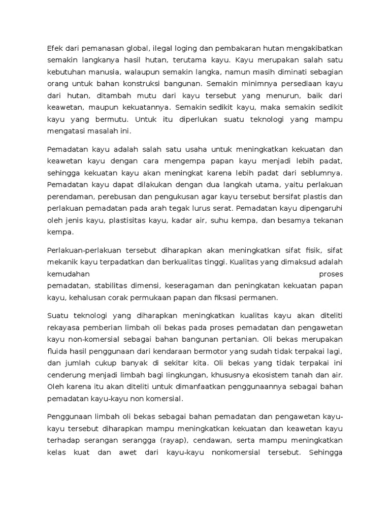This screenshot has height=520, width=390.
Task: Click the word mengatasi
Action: pyautogui.click(x=66, y=131)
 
